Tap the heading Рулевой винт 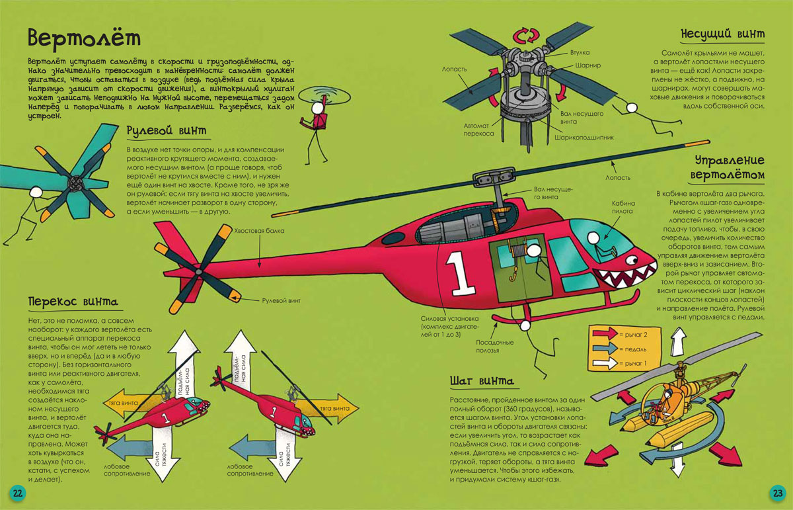point(166,131)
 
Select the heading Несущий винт point(723,34)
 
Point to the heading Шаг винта point(482,382)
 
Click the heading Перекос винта point(73,303)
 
